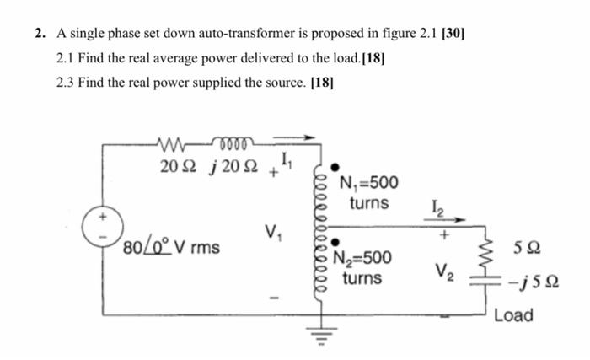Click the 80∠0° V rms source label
click(x=171, y=248)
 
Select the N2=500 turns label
click(x=362, y=268)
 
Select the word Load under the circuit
click(x=513, y=315)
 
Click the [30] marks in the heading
click(x=452, y=35)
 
